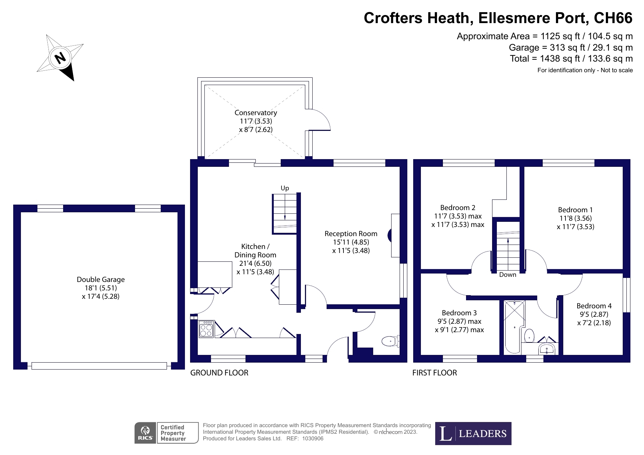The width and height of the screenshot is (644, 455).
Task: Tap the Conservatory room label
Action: coord(255,113)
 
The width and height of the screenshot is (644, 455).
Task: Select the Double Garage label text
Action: coord(101,279)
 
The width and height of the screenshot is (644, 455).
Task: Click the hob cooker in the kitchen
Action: coord(206,329)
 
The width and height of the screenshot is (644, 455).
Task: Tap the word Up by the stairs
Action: coord(285,188)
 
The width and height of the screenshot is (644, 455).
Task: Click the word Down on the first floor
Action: coord(507,275)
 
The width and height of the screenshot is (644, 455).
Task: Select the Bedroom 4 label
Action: coord(594,306)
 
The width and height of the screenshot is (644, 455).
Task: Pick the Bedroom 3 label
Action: coord(459,313)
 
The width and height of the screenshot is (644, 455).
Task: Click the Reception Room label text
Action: coord(351,234)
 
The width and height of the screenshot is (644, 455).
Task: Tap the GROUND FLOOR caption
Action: coord(219,373)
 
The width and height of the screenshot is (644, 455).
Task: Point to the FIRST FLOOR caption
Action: coord(434,373)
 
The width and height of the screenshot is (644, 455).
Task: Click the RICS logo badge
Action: coord(145,433)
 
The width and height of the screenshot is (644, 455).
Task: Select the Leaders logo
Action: coord(473,434)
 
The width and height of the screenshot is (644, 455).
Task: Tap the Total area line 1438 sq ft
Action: coord(571,59)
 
